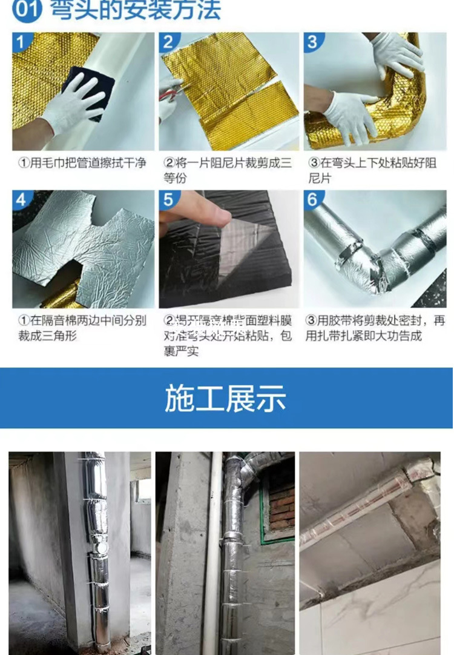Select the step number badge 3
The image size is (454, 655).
[313, 42]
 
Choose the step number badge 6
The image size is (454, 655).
[313, 200]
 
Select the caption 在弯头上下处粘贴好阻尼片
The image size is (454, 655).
[375, 170]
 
